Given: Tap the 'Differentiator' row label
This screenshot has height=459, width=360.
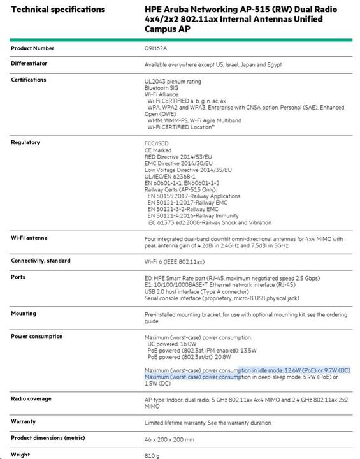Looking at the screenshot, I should [x=29, y=64].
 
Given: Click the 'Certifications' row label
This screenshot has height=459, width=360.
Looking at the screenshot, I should [x=29, y=80].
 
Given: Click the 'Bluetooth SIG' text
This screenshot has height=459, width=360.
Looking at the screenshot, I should [x=161, y=88].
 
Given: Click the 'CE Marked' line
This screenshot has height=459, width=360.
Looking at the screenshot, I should [x=159, y=150].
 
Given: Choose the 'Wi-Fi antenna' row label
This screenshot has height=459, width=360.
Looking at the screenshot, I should [x=29, y=238].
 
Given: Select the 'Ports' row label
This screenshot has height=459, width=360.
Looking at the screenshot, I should [x=18, y=277].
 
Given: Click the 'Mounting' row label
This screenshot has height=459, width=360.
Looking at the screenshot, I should [x=24, y=314].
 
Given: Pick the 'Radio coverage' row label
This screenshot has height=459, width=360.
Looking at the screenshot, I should [x=31, y=398].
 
